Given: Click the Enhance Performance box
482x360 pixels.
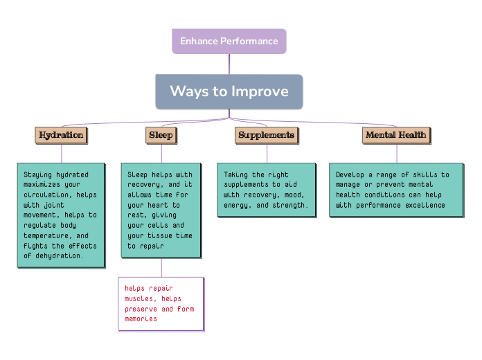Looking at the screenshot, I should coord(229,41).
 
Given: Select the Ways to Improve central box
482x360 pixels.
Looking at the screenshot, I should coord(229,91).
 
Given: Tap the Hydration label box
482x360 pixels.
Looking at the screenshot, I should coord(61,135).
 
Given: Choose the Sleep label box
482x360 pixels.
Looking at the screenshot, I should coord(161,135).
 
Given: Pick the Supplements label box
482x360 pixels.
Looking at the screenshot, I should coord(267,135).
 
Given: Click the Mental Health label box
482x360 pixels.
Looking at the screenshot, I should coord(396,135).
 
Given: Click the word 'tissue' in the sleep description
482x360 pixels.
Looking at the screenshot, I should coord(163,235).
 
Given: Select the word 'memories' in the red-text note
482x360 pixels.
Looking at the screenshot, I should coord(141,318).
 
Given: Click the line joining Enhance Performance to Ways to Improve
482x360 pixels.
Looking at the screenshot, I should coord(229,64).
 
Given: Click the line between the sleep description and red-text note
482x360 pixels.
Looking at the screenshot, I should coord(161,267).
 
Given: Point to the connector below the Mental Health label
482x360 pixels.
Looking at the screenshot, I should coord(397,153).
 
